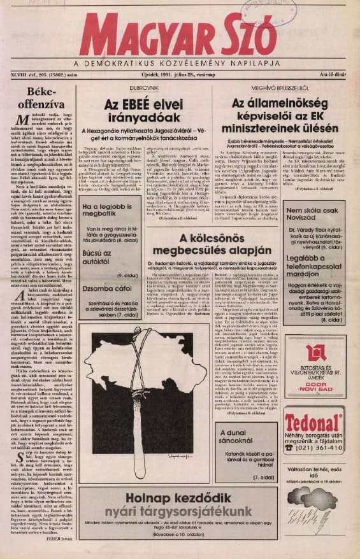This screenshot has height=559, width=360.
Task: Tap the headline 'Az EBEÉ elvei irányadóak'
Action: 144,109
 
